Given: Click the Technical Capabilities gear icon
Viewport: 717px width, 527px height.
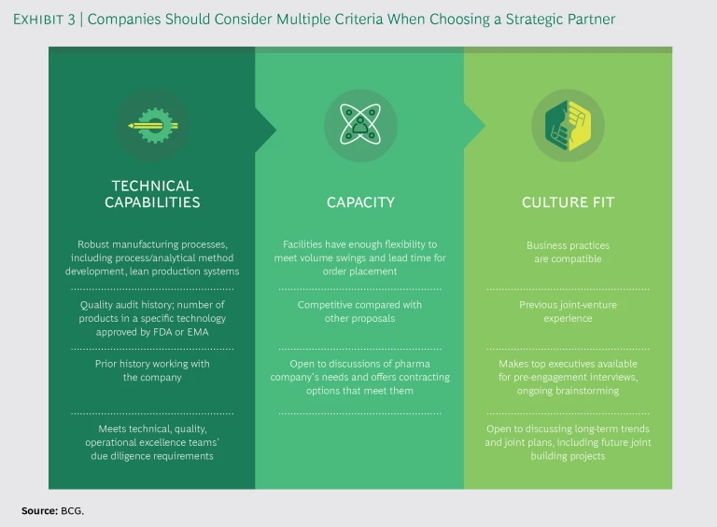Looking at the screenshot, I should [151, 125].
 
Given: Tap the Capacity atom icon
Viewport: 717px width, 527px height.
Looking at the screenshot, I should [360, 125].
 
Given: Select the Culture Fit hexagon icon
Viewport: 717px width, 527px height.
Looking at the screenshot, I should [568, 125].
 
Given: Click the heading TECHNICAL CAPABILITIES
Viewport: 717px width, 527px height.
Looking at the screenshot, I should [151, 194].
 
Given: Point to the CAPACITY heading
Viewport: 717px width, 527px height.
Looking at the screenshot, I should [360, 202].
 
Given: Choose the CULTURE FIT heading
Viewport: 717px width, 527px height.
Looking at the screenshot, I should [568, 202].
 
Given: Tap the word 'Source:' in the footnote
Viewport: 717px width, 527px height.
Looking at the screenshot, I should [40, 510].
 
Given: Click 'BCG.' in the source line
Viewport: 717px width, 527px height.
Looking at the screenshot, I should [74, 510].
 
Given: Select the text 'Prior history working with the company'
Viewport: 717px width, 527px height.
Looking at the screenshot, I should [152, 370].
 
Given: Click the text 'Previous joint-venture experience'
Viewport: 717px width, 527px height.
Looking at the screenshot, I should [568, 312].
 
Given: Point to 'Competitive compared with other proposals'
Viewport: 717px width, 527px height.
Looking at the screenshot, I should [360, 312].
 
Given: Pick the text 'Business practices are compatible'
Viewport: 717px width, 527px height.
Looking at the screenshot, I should [568, 252].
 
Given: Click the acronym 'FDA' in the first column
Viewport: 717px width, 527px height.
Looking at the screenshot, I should [190, 318].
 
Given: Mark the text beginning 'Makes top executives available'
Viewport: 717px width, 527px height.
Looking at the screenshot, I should [568, 370].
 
